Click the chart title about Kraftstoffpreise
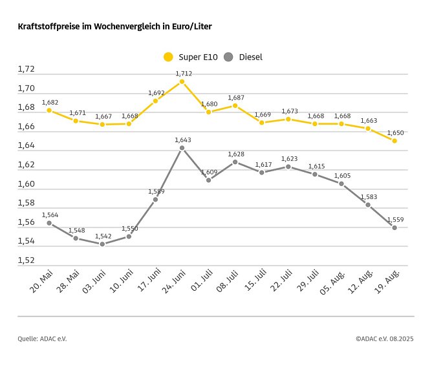(115, 27)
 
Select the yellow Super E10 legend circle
(169, 57)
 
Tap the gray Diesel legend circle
(228, 57)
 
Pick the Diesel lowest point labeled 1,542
(102, 244)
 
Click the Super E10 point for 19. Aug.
(394, 141)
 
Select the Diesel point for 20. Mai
(49, 223)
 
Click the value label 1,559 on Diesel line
(394, 219)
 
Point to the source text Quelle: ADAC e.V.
(42, 339)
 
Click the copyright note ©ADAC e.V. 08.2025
(384, 339)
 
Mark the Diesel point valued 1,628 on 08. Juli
(235, 162)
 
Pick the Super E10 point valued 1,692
(155, 101)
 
